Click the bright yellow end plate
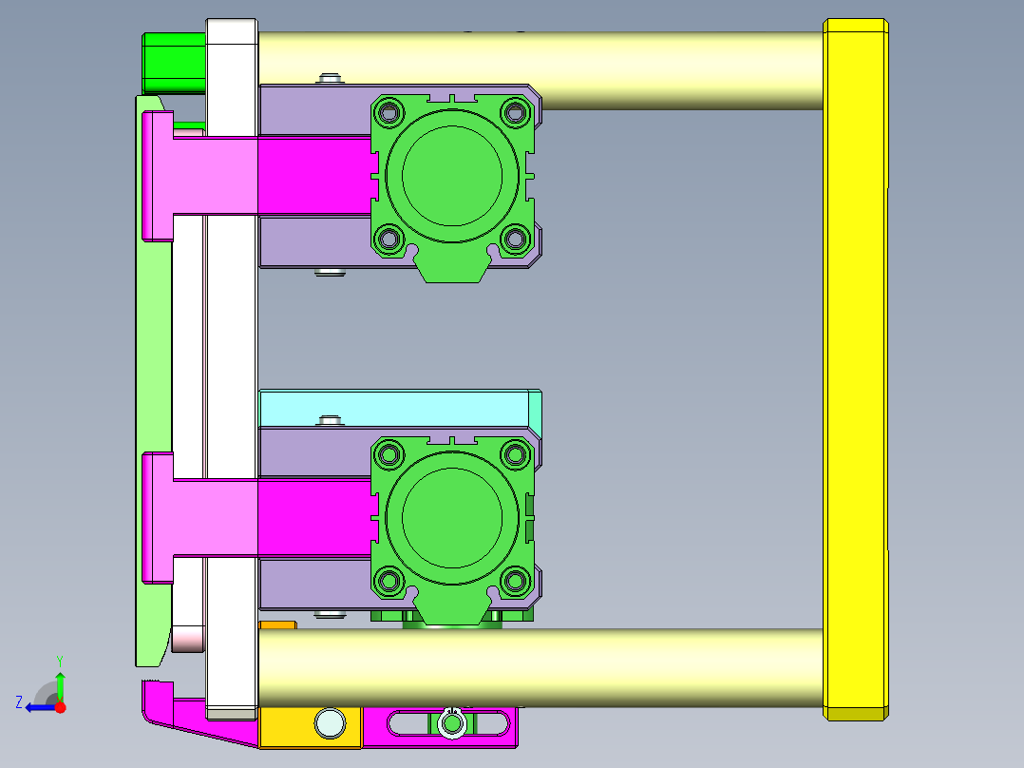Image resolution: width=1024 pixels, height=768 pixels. point(856,369)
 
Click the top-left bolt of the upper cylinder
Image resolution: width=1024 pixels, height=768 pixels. point(389,114)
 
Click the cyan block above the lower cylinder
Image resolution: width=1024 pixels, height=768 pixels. point(394,408)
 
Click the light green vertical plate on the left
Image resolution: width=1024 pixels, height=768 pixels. point(152,380)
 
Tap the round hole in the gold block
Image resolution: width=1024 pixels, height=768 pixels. point(330,723)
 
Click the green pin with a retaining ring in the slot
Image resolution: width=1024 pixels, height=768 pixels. point(452,724)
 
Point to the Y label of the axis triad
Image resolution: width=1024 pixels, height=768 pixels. point(59,660)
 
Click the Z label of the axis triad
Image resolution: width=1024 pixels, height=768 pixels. point(19,702)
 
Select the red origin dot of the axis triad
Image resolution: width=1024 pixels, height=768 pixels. point(60,707)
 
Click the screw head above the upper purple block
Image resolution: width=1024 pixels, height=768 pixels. point(330,78)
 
